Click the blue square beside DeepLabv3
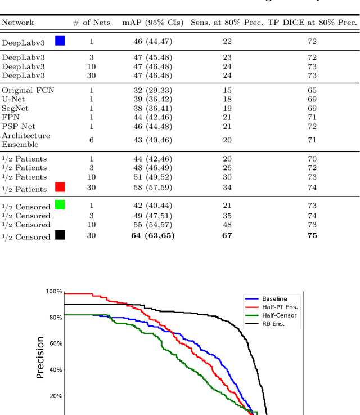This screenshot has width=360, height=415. pos(60,41)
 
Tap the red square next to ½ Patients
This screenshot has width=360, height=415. pos(60,187)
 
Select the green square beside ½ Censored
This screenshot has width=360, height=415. pos(60,204)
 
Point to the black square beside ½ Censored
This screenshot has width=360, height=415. pos(60,235)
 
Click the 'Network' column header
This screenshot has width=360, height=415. pos(18,23)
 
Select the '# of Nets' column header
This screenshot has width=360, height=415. pos(92,23)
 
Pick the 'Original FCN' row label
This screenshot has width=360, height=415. pos(28,90)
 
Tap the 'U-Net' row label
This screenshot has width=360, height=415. pos(15,99)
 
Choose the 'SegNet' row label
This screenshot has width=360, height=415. pos(16,108)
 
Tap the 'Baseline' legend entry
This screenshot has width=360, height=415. pos(274,299)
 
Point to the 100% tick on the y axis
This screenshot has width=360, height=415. pos(54,291)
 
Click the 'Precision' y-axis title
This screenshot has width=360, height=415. pos(40,357)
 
